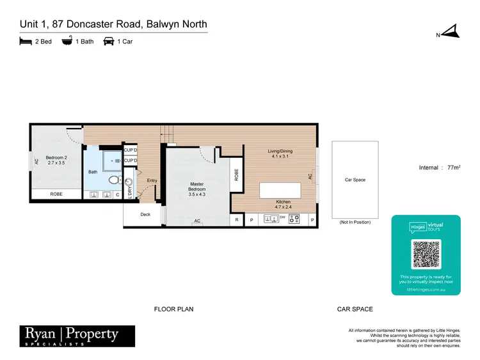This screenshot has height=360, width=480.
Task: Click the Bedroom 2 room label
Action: click(x=56, y=160)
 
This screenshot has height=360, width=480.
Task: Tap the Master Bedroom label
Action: click(x=196, y=189)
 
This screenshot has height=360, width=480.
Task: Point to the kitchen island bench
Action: click(x=280, y=191)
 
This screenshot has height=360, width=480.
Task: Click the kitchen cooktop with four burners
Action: click(x=296, y=219)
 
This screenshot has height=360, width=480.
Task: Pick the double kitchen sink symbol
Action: click(x=271, y=219)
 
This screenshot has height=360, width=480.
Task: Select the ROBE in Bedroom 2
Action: click(x=56, y=194)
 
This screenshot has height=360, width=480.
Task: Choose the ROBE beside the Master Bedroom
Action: click(x=236, y=175)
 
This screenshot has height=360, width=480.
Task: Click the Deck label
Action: click(x=145, y=214)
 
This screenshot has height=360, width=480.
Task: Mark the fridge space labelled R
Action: click(x=237, y=219)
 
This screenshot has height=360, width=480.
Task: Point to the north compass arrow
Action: click(x=451, y=31)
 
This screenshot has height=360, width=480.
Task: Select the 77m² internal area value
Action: click(x=452, y=168)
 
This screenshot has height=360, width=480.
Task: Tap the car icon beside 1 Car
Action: click(x=108, y=42)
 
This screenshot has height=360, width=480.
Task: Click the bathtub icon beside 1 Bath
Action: click(x=66, y=42)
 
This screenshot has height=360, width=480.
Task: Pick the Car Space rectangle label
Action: click(x=355, y=180)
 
